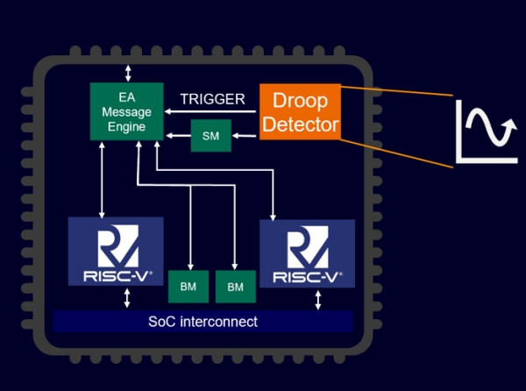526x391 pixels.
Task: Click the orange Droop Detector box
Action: click(300, 111)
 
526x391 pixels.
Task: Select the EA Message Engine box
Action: click(128, 111)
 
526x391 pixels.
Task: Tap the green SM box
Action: click(210, 136)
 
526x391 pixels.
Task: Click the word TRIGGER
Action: click(213, 99)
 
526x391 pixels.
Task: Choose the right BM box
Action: click(234, 287)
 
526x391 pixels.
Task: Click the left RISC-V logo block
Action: click(116, 251)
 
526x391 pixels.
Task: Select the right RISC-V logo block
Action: click(307, 253)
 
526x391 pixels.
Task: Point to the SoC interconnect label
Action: click(203, 322)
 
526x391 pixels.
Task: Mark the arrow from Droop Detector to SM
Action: click(246, 136)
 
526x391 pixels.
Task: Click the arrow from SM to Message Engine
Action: click(178, 136)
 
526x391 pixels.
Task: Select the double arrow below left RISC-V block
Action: click(128, 298)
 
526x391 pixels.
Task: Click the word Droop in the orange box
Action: click(300, 99)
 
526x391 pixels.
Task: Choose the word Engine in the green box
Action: click(128, 127)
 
